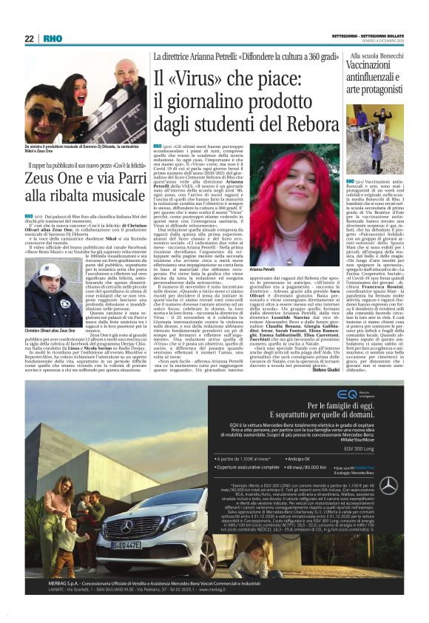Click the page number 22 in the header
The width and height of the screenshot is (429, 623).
(29, 38)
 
